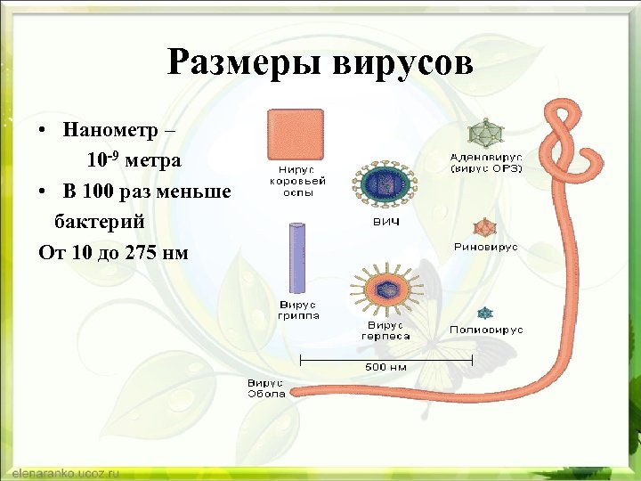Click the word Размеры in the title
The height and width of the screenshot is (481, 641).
[246, 63]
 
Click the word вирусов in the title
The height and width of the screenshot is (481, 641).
[402, 63]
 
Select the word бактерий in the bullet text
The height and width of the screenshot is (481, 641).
[100, 221]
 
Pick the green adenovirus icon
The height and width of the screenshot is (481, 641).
[485, 134]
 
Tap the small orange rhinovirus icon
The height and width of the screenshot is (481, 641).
[485, 227]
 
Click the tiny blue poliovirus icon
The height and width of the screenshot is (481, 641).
[485, 313]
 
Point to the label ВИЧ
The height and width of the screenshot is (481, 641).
[385, 221]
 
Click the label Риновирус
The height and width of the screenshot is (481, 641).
[485, 248]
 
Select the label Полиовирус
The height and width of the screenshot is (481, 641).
[486, 330]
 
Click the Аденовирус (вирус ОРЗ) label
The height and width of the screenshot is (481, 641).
[485, 162]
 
